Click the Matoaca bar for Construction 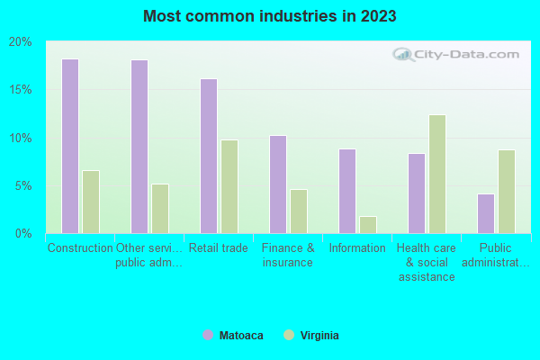69,147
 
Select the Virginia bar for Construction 90,202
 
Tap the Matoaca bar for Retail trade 208,157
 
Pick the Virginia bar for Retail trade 229,187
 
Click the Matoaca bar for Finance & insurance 277,184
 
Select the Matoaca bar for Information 346,191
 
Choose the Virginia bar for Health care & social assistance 436,174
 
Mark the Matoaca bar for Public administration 485,213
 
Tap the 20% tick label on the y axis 20,42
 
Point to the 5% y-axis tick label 22,186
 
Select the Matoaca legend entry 233,335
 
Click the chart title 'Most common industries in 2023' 269,16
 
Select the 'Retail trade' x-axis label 218,248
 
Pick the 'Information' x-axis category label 356,248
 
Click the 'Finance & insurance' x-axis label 288,256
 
